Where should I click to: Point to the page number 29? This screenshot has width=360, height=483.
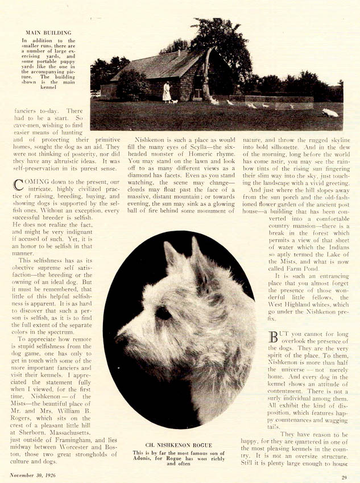[344, 477]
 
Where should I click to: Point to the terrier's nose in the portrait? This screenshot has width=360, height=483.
[121, 339]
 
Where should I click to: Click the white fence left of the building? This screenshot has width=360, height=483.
[96, 93]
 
